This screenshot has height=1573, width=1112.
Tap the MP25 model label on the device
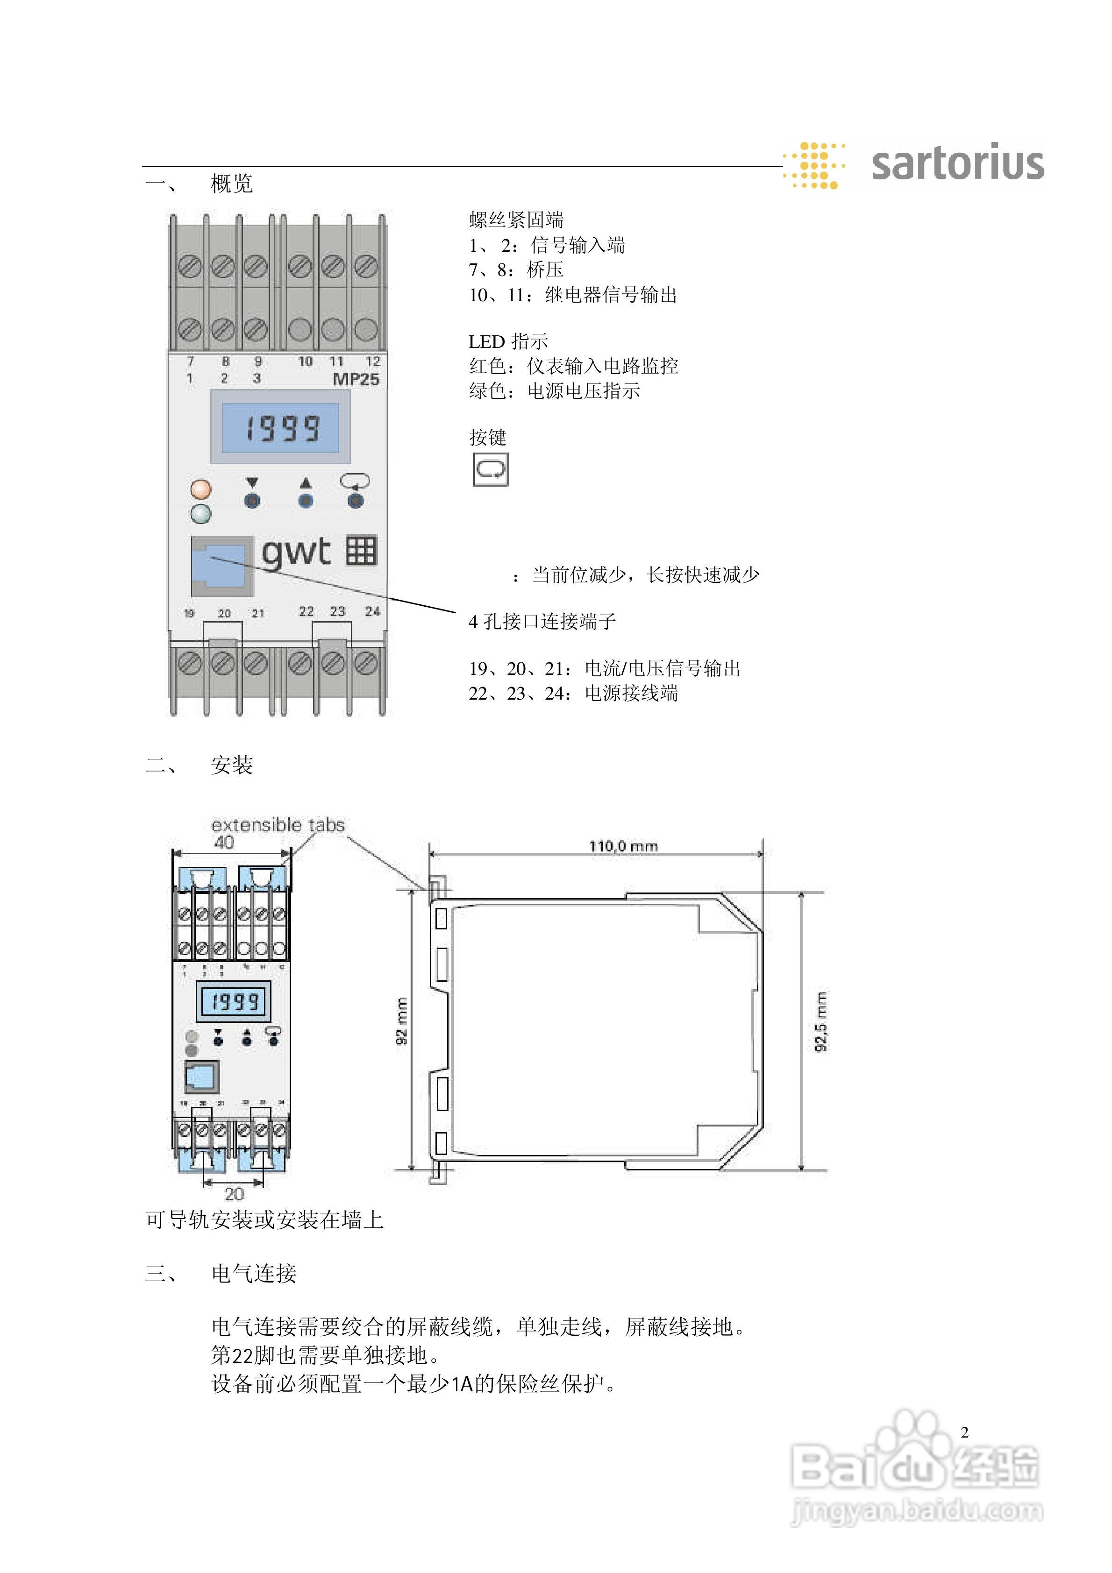356,379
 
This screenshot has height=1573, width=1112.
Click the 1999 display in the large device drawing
282,428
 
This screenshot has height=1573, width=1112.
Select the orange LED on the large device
201,489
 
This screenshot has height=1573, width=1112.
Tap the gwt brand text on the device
296,552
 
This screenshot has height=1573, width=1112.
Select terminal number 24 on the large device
372,611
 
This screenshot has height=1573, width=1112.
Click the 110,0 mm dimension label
623,846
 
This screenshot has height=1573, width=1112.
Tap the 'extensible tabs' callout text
278,825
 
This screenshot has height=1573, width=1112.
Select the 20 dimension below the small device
234,1194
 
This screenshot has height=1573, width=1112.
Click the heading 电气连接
254,1274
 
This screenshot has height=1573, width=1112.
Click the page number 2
965,1432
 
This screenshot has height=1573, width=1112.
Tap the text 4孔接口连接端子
542,621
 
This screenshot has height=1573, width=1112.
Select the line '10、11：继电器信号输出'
572,295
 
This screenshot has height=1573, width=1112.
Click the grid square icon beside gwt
361,551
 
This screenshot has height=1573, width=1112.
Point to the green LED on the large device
201,514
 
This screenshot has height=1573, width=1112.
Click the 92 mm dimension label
402,1021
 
